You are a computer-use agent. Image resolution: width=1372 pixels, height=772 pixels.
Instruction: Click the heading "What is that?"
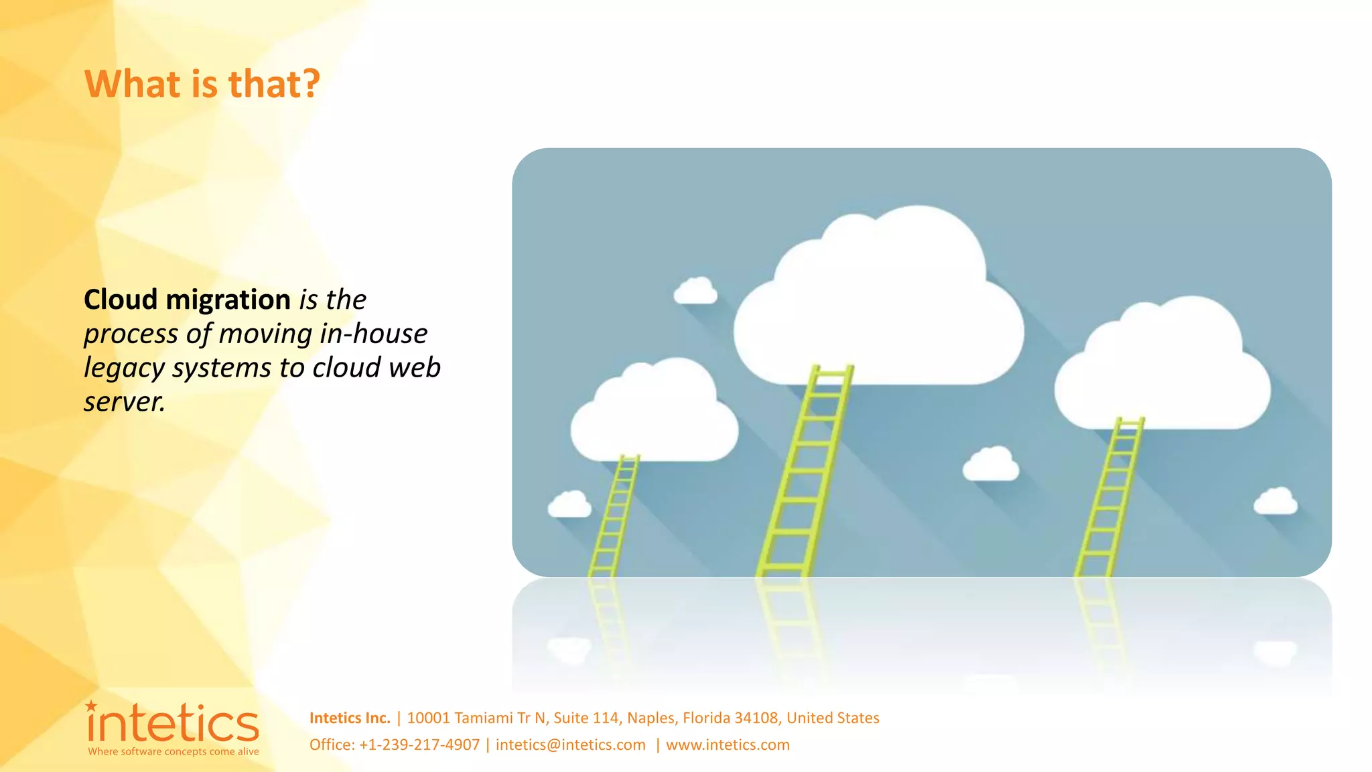coord(202,84)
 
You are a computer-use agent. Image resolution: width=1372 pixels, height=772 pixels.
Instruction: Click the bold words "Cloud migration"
coord(187,300)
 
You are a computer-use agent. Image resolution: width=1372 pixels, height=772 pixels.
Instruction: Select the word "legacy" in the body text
coord(124,368)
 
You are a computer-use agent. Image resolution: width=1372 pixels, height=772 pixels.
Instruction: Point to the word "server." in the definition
coord(124,402)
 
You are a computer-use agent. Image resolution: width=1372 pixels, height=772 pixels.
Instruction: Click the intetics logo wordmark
coord(173,724)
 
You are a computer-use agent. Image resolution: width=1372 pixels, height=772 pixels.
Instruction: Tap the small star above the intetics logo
coord(91,706)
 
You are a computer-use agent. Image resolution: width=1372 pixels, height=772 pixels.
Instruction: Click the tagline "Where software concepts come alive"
coord(173,752)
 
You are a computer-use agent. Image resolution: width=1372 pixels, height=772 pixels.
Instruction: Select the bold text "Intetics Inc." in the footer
coord(349,718)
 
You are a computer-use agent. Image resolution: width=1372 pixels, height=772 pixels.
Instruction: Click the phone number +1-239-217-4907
coord(419,745)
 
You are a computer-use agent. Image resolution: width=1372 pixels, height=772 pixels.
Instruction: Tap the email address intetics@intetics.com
coord(570,745)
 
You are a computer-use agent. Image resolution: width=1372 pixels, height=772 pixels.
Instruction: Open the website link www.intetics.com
coord(728,745)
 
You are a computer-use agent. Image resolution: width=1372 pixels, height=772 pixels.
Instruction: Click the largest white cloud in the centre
coord(878,308)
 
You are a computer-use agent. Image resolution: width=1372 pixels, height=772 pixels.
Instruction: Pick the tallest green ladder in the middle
coord(804,469)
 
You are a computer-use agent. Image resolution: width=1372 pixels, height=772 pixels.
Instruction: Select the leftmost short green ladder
coord(614,516)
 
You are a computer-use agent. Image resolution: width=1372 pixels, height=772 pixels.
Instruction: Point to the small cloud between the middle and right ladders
coord(991,464)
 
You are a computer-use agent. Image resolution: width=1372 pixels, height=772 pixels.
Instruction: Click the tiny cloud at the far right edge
coord(1275,501)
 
